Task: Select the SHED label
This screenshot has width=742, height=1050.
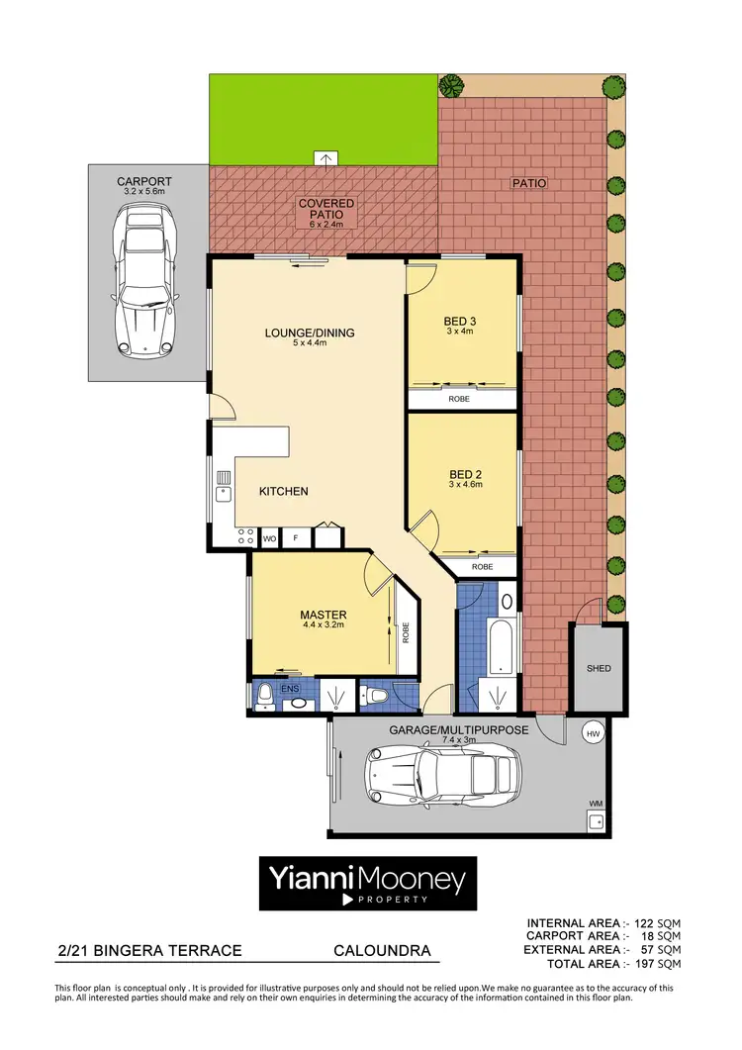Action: click(598, 668)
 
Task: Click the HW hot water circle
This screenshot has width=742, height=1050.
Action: click(594, 733)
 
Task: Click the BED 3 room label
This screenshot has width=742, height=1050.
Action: click(460, 321)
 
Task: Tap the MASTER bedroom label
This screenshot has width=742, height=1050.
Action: click(324, 615)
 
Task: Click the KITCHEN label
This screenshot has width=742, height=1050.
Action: click(284, 491)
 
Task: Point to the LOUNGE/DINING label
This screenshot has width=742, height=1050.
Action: click(309, 333)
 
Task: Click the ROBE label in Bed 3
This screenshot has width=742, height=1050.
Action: click(459, 400)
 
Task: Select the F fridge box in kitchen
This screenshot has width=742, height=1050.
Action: click(295, 538)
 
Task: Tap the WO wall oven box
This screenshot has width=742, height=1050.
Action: click(269, 538)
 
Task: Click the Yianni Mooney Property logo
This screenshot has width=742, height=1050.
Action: click(368, 883)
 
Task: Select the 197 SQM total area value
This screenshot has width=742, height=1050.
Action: click(656, 963)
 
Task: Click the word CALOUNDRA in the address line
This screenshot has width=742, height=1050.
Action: click(382, 951)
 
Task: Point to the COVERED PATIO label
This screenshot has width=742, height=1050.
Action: click(325, 209)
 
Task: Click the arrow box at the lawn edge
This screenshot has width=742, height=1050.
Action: click(325, 157)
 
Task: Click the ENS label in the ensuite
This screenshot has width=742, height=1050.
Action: click(290, 687)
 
